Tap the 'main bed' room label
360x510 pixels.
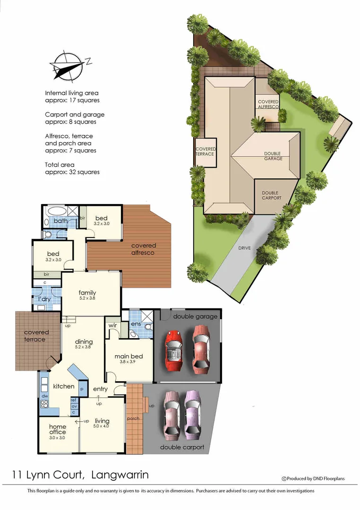pyautogui.click(x=129, y=357)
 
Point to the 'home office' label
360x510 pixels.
pyautogui.click(x=58, y=429)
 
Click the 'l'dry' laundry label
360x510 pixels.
pyautogui.click(x=44, y=300)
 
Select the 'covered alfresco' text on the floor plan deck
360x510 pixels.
pyautogui.click(x=144, y=249)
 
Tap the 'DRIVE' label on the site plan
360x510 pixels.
pyautogui.click(x=244, y=248)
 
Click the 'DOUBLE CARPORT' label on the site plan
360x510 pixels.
pyautogui.click(x=270, y=195)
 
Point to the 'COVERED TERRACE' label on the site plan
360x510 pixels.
pyautogui.click(x=205, y=152)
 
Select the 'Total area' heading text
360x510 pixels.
pyautogui.click(x=60, y=165)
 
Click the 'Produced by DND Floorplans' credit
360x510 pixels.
pyautogui.click(x=315, y=478)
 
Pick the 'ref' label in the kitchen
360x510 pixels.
pyautogui.click(x=74, y=400)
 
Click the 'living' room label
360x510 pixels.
pyautogui.click(x=102, y=421)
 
